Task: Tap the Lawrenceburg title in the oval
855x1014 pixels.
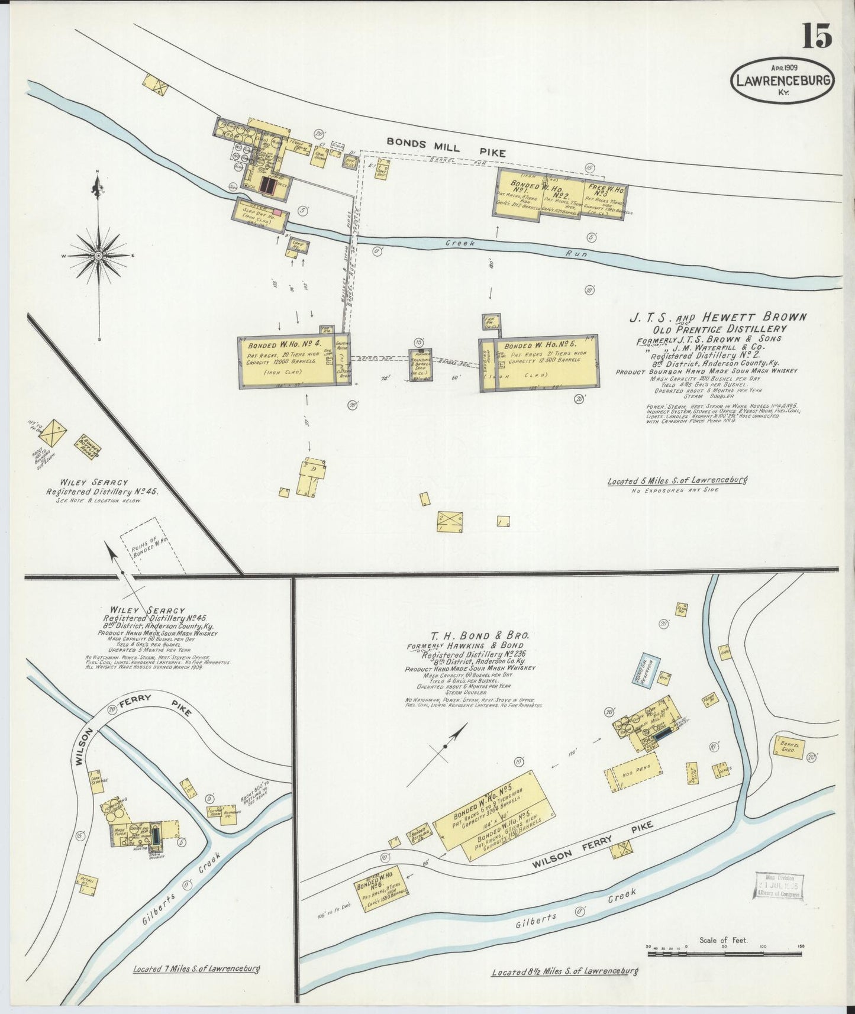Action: pos(782,81)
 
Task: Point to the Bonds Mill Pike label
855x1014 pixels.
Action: pos(446,147)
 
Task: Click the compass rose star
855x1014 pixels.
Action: pos(98,256)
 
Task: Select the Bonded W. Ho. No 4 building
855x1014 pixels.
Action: pos(286,361)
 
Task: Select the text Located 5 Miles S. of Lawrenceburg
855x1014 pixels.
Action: pos(676,481)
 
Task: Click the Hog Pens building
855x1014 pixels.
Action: pos(632,771)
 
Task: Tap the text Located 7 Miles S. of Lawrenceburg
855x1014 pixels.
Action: pos(196,969)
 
